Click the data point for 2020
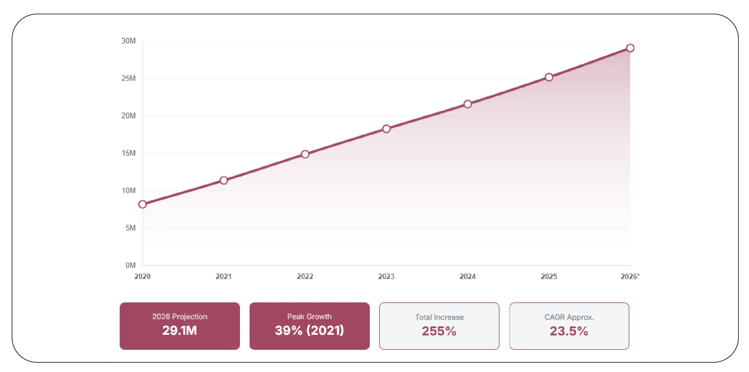click(142, 204)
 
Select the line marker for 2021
click(224, 180)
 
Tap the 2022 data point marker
click(305, 154)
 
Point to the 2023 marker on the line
click(386, 129)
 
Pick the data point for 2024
click(468, 104)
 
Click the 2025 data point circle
click(549, 77)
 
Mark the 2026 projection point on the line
click(630, 48)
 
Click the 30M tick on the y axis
click(128, 41)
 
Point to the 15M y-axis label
click(128, 153)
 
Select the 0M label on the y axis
click(130, 265)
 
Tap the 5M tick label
click(130, 228)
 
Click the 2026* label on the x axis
click(630, 276)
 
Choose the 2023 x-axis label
click(386, 276)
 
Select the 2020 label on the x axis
click(142, 276)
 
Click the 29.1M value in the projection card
click(180, 330)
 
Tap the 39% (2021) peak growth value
click(309, 330)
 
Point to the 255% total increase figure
click(439, 331)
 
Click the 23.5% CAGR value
click(569, 331)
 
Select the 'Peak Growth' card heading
click(309, 316)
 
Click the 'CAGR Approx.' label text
click(569, 317)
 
